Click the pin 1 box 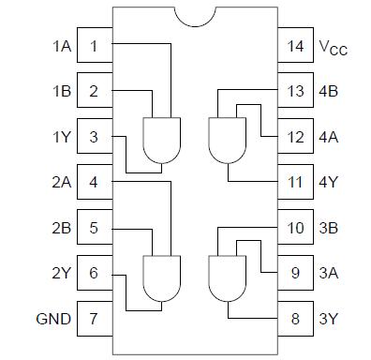click(x=94, y=46)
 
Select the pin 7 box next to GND click(x=94, y=319)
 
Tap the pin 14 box click(x=295, y=46)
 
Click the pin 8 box click(x=295, y=319)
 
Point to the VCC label click(x=333, y=47)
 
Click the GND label click(x=53, y=319)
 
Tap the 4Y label click(x=329, y=182)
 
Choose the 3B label click(x=329, y=228)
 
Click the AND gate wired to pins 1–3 click(x=160, y=139)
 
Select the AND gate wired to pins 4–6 click(x=160, y=275)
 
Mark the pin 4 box click(x=94, y=182)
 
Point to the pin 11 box click(x=295, y=182)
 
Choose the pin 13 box click(x=295, y=91)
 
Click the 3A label click(x=329, y=273)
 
